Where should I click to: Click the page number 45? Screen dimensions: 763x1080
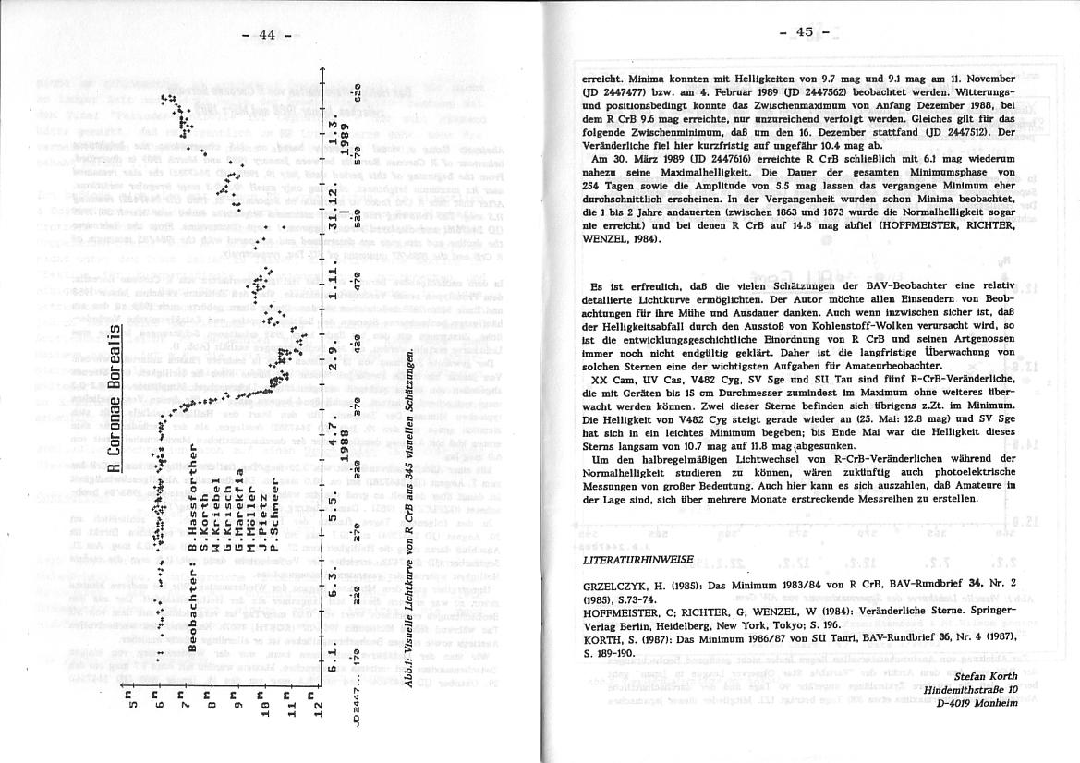click(x=804, y=32)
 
